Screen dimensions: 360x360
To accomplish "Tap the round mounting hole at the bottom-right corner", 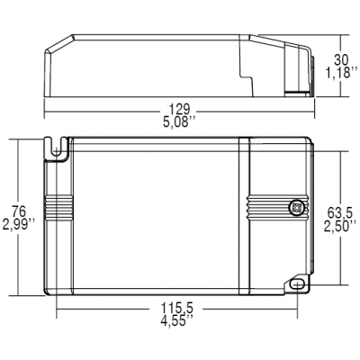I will [297, 283].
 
